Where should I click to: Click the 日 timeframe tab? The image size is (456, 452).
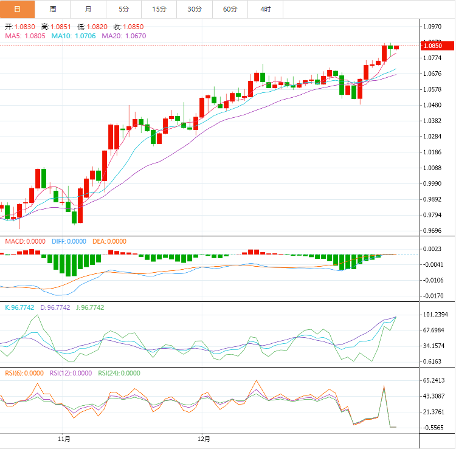(17, 9)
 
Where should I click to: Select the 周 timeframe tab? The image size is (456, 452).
(53, 9)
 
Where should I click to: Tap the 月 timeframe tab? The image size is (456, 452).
(88, 9)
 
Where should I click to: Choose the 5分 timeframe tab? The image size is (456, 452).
(124, 9)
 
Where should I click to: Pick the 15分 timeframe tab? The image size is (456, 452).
(159, 9)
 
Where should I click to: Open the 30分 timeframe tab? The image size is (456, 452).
(195, 9)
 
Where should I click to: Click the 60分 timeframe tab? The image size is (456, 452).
(230, 9)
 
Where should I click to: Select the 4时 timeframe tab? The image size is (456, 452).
(266, 9)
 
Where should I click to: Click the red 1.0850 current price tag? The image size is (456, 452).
(438, 46)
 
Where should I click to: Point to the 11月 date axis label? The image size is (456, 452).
(64, 439)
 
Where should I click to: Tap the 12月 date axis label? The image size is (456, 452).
(204, 439)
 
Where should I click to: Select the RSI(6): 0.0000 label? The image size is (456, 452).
(24, 373)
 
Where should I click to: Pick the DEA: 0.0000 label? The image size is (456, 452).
(109, 241)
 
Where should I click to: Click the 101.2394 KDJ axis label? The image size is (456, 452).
(435, 315)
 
